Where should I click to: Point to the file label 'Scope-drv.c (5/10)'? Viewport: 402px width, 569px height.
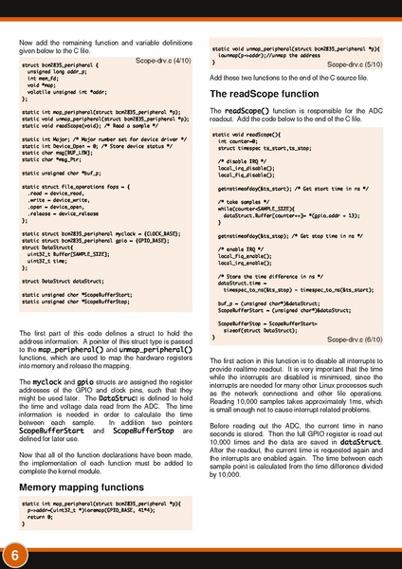click(x=356, y=64)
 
